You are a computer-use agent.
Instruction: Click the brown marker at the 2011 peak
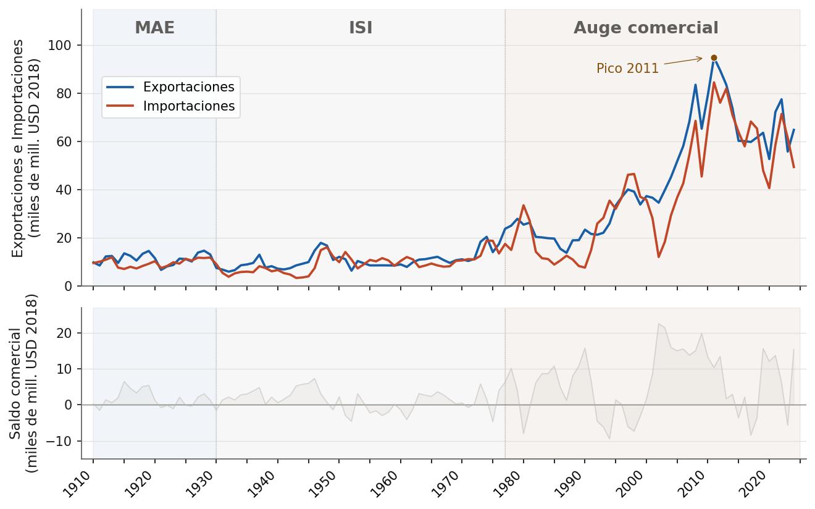[714, 58]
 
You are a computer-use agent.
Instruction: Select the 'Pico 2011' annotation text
[627, 69]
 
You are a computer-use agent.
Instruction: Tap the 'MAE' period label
[154, 28]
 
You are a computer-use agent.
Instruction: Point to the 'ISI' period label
[361, 28]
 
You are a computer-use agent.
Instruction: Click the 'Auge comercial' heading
[646, 28]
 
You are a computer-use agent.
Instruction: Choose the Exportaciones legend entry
[170, 86]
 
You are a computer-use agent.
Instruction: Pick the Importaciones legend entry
[170, 106]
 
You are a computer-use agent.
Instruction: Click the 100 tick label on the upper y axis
[60, 46]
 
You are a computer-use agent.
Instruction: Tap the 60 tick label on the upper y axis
[64, 141]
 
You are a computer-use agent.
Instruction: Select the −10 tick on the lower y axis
[59, 441]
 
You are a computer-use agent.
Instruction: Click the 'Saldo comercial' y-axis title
[24, 384]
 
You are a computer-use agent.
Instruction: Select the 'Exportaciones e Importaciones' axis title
[25, 148]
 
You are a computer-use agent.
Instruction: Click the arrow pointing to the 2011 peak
[683, 61]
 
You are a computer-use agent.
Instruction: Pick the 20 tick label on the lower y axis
[64, 333]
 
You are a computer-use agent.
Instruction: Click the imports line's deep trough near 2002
[659, 257]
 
